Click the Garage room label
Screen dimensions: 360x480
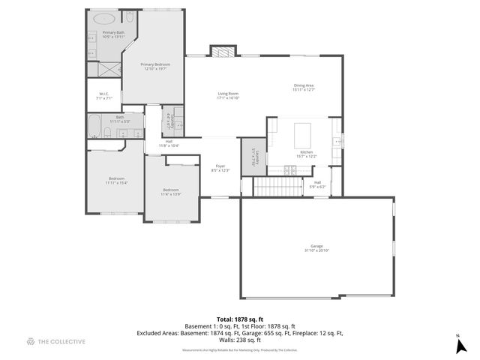click(316, 248)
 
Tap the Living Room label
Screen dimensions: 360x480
click(228, 96)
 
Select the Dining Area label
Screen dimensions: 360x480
click(304, 87)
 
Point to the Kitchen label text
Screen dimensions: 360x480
click(307, 154)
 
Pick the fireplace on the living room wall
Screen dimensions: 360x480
click(221, 52)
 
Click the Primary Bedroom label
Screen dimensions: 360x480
click(156, 67)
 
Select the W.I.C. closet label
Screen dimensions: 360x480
click(105, 96)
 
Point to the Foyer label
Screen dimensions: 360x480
click(220, 168)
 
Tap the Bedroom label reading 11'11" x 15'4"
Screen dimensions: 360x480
click(116, 180)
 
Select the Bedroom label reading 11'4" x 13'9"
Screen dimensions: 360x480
click(171, 192)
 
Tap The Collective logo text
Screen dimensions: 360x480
click(61, 341)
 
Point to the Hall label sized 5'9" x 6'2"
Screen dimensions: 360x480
click(317, 184)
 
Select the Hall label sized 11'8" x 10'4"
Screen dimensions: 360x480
click(169, 143)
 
